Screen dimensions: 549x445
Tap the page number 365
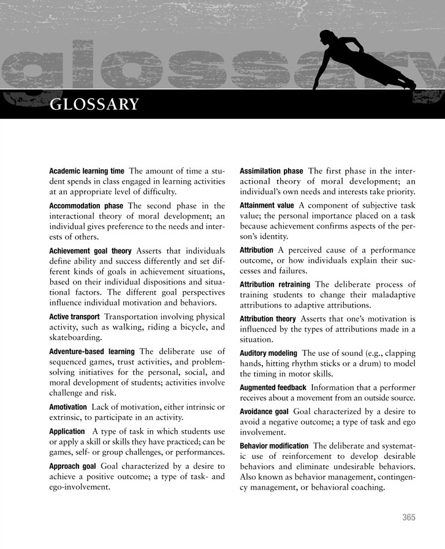[409, 517]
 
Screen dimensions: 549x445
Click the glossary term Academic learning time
[86, 171]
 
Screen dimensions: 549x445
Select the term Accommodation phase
[86, 205]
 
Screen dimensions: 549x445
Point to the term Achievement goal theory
[90, 251]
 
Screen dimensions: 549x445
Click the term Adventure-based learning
[91, 351]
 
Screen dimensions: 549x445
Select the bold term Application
[67, 431]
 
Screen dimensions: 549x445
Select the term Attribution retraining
[275, 284]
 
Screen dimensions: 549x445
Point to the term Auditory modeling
[268, 353]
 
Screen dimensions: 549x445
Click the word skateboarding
[76, 338]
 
